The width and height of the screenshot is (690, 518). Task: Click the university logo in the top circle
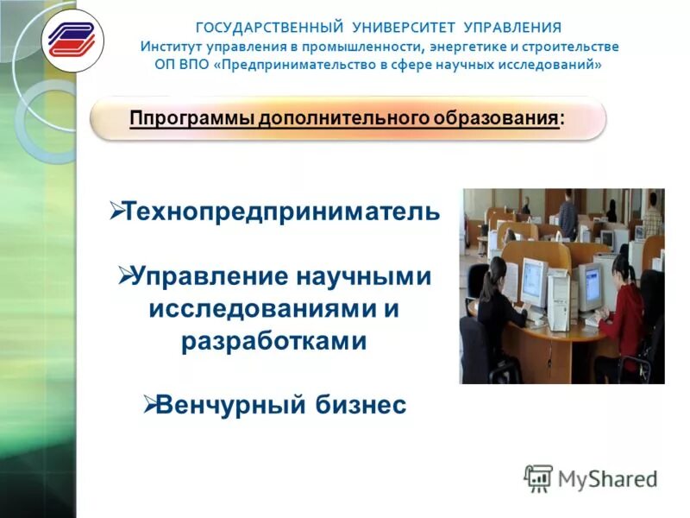[72, 40]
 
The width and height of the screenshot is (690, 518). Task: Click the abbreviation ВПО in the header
[196, 65]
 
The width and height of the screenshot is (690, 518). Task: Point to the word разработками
[274, 341]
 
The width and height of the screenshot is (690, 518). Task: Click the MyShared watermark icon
[538, 478]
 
